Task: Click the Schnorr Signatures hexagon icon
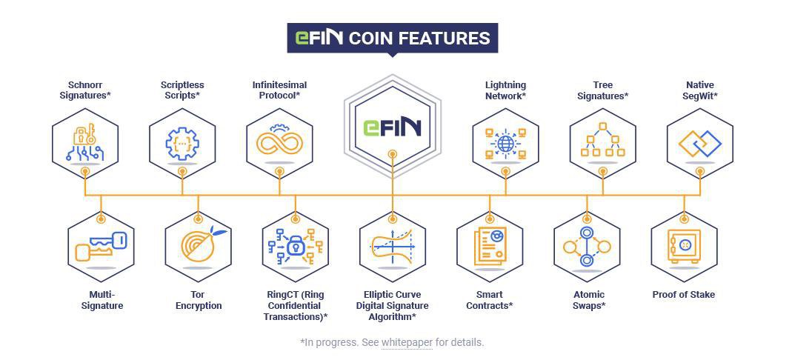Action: click(85, 143)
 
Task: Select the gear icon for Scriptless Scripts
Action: click(182, 143)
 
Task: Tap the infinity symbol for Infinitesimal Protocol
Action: click(279, 142)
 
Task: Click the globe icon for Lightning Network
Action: click(505, 143)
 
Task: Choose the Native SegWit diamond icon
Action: click(699, 143)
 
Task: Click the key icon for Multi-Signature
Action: click(101, 247)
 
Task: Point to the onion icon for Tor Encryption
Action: click(197, 246)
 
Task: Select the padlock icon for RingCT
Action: click(295, 247)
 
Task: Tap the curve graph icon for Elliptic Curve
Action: click(392, 247)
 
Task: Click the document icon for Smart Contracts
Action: click(489, 247)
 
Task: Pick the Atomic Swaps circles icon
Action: click(586, 247)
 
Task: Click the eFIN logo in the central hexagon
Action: click(392, 127)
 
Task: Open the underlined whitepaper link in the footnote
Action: click(407, 342)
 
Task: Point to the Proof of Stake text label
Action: click(683, 295)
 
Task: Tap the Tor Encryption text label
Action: click(198, 300)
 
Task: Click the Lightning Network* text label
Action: click(505, 90)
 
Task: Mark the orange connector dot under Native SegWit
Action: click(699, 171)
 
